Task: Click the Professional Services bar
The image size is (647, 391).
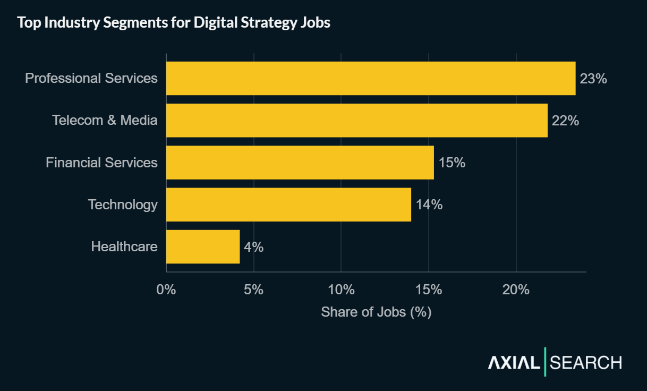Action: click(x=371, y=78)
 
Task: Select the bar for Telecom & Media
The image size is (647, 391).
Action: click(x=356, y=120)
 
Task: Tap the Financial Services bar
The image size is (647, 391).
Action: click(x=300, y=163)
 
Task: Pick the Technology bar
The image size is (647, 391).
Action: click(x=288, y=205)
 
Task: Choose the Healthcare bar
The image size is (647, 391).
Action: click(x=203, y=246)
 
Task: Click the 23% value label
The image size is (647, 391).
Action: click(x=593, y=79)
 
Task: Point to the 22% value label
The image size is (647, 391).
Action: click(x=565, y=121)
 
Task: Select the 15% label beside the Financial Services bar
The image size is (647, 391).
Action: click(x=452, y=163)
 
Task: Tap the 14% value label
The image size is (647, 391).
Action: click(x=429, y=205)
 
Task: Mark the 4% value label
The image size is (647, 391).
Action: click(x=253, y=246)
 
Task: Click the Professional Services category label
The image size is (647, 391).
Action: click(x=91, y=78)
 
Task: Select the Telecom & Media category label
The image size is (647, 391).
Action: click(x=105, y=120)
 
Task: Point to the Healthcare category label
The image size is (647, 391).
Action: click(x=124, y=246)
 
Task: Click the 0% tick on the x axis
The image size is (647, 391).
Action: click(x=166, y=290)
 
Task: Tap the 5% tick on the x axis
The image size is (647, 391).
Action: click(x=254, y=290)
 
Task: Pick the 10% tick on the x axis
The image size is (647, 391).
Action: click(x=341, y=290)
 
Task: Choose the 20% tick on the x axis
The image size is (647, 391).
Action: click(x=516, y=290)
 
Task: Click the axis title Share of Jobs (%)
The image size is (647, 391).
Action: click(x=376, y=312)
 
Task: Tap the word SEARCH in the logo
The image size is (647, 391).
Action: click(x=586, y=363)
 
